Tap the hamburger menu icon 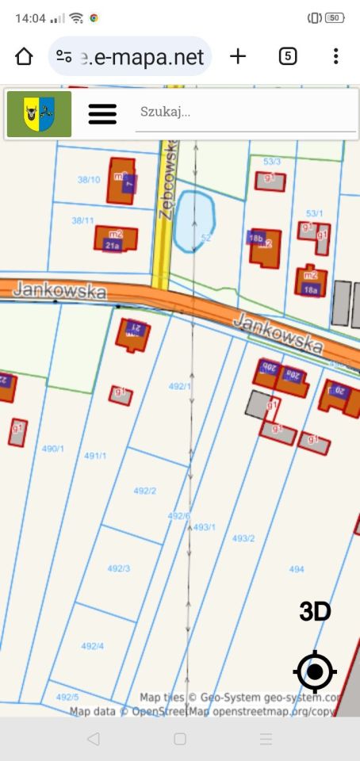point(102,114)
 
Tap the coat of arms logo point(39,114)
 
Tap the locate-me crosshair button point(315,672)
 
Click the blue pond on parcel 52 point(194,220)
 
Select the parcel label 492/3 point(119,568)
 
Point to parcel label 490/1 point(53,449)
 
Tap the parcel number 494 point(297,569)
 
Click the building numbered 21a point(113,246)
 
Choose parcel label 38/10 point(89,180)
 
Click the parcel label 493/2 point(243,538)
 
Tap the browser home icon point(24,56)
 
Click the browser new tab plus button point(238,56)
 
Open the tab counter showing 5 point(288,56)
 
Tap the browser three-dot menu point(336,56)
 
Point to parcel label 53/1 point(315,213)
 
